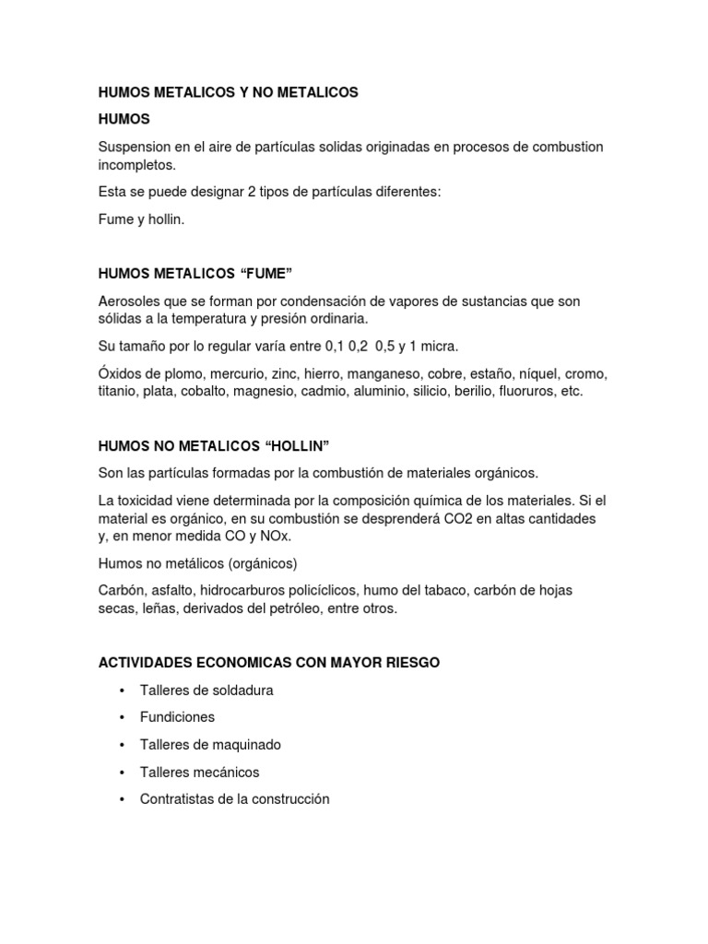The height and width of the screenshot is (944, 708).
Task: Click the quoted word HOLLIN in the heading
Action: coord(297,446)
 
